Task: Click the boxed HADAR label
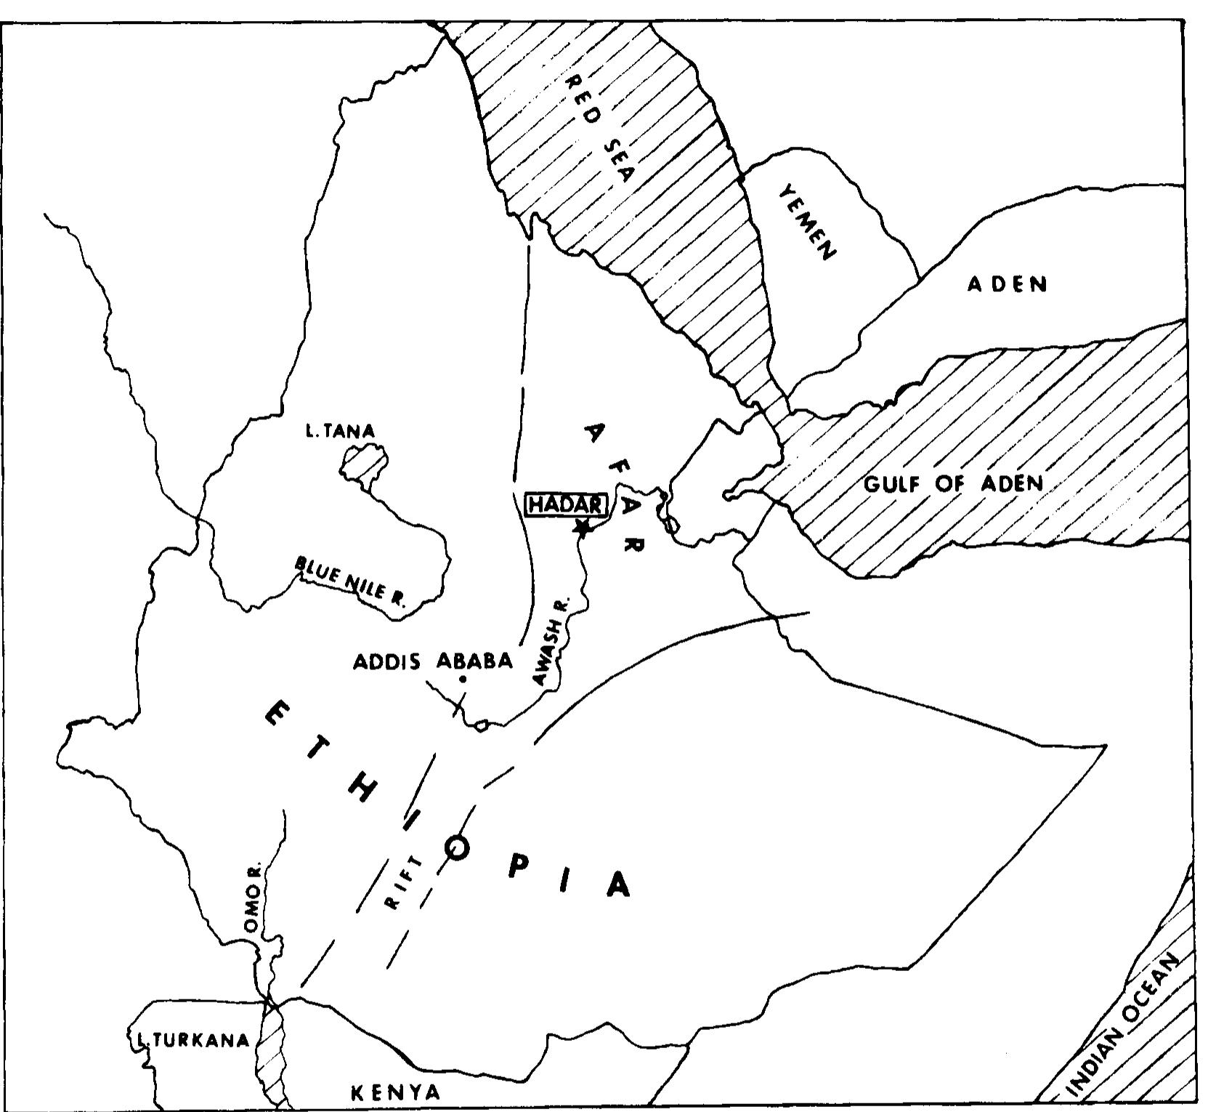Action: (565, 504)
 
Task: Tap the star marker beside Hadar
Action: (581, 527)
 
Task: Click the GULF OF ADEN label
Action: (953, 484)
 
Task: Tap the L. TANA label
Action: (340, 432)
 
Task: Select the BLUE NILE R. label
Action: (351, 581)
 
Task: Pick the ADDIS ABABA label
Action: (433, 661)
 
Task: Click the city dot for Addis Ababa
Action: (463, 680)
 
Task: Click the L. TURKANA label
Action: (191, 1040)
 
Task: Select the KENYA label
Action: (396, 1092)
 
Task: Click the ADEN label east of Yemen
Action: (1008, 283)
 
